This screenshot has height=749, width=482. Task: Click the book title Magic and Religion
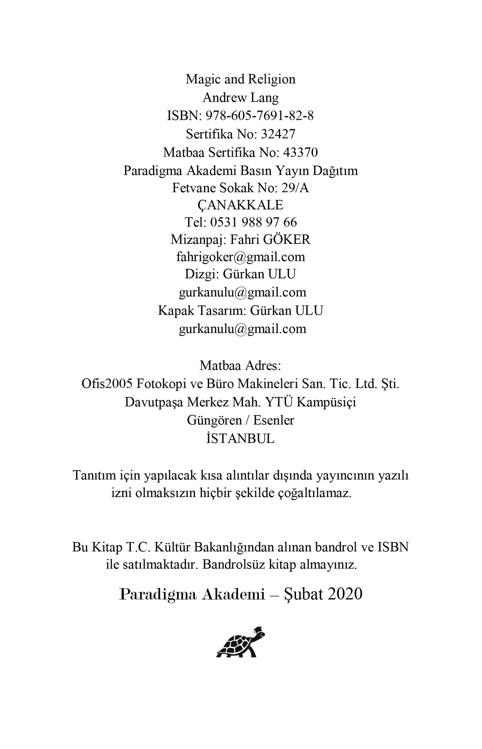[240, 79]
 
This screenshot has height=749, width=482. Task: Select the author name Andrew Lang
[240, 98]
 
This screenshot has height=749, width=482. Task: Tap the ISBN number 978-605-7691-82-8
[259, 116]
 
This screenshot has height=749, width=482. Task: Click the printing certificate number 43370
[300, 153]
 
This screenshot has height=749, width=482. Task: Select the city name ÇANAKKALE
[240, 205]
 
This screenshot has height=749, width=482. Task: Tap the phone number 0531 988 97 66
[253, 222]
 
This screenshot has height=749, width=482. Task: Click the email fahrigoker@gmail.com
[240, 257]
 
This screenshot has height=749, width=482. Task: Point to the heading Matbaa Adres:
[240, 366]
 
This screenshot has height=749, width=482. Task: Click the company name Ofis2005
[107, 384]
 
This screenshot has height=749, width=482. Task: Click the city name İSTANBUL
[240, 438]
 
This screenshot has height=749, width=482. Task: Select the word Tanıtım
[93, 476]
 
